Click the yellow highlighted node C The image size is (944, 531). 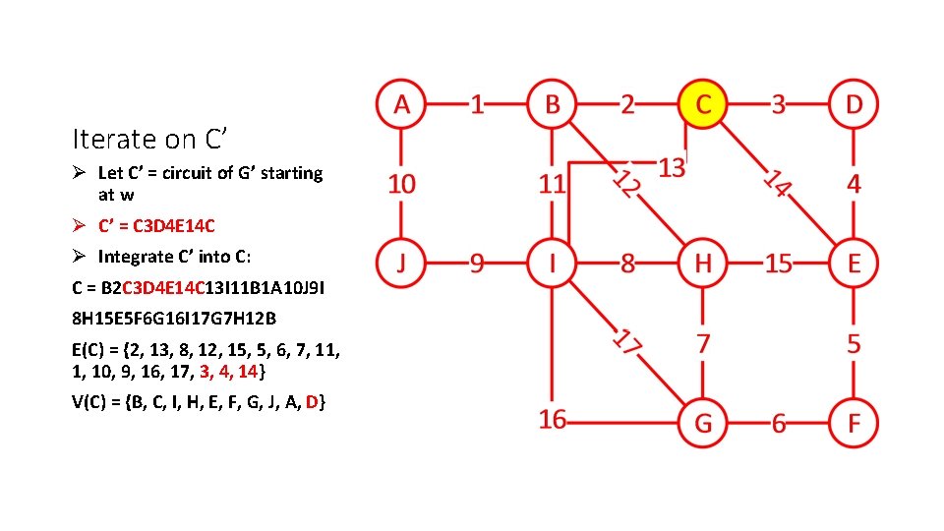point(702,104)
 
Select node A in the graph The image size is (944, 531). point(400,103)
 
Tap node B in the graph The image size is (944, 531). point(552,103)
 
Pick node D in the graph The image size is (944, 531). point(854,103)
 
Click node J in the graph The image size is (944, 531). point(400,263)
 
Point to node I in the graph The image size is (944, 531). point(552,263)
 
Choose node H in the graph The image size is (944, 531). point(702,263)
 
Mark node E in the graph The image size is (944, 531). point(854,263)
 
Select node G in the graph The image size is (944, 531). point(702,423)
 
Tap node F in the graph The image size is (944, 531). point(854,423)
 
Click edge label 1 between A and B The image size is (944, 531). point(477,103)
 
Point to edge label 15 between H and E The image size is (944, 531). point(778,264)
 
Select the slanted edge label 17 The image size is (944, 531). point(628,341)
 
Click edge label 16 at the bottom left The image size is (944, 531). point(552,420)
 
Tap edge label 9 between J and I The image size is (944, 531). point(477,264)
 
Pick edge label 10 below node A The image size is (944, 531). point(401,183)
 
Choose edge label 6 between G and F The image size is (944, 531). point(778,424)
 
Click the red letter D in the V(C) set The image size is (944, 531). point(312,402)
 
